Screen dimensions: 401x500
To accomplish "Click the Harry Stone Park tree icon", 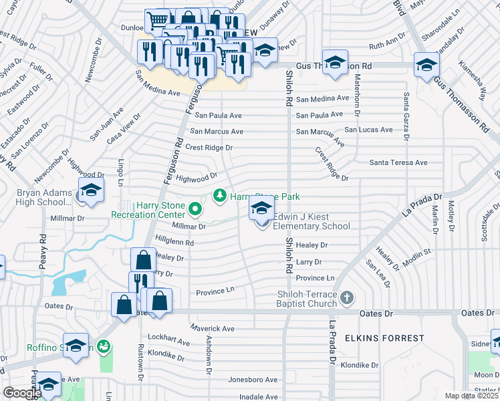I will click(x=219, y=196).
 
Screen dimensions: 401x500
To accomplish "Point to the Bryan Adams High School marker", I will click(x=91, y=190).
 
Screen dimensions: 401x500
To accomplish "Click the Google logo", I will click(x=22, y=393).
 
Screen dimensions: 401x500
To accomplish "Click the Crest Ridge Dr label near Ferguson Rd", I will click(x=209, y=148).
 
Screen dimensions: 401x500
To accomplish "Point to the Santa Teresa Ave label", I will click(x=398, y=162).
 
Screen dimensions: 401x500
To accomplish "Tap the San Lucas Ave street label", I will click(x=368, y=129).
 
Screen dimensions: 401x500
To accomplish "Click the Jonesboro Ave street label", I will click(x=253, y=380).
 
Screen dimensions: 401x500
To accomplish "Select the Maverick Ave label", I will click(x=213, y=329).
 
